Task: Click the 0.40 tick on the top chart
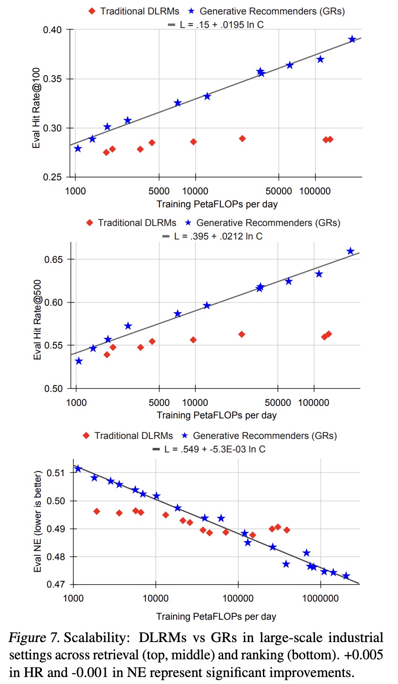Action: (x=52, y=30)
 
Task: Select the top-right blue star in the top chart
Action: (x=352, y=40)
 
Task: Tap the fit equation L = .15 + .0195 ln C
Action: (x=222, y=25)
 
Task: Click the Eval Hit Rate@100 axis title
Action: (x=36, y=108)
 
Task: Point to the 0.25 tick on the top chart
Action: (x=52, y=177)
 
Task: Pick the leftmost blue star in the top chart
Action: (x=78, y=149)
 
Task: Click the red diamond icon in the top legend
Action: (x=92, y=11)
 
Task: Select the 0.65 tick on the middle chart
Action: (x=53, y=260)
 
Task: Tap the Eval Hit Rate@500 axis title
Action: (x=37, y=320)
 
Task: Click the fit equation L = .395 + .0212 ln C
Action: (x=218, y=236)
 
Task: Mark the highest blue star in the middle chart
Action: (x=350, y=252)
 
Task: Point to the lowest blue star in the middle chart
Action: (x=79, y=361)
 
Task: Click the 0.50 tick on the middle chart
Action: (x=53, y=389)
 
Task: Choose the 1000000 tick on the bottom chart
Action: (x=320, y=598)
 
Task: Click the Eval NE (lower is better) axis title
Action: (x=37, y=521)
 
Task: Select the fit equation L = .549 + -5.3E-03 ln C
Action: (x=214, y=449)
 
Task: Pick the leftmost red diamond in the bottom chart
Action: (x=96, y=512)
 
